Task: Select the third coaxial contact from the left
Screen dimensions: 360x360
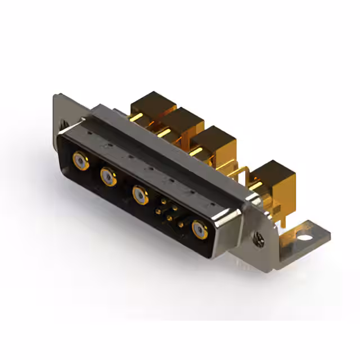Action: pos(140,195)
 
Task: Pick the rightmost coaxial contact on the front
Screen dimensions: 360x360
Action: pos(200,229)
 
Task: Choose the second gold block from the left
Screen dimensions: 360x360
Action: pos(183,121)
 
